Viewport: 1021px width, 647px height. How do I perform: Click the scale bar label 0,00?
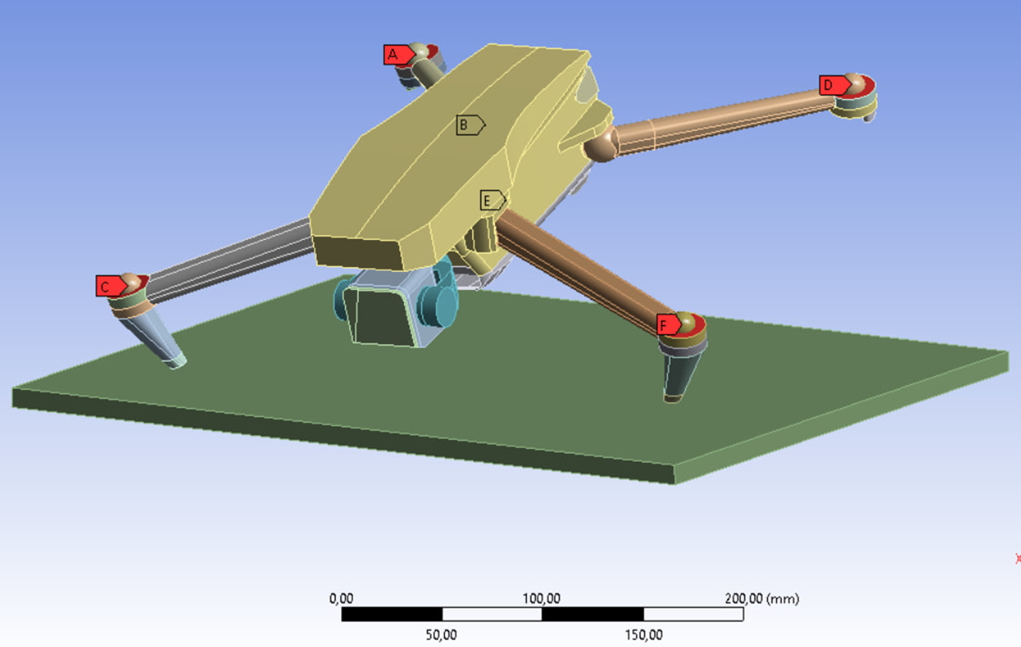[341, 599]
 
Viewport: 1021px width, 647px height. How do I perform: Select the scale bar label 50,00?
[441, 635]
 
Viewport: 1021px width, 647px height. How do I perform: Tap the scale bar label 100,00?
[542, 599]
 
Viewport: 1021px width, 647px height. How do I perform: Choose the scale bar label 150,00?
[644, 635]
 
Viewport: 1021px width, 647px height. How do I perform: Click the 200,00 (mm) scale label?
[761, 599]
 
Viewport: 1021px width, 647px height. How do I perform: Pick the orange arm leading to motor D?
[721, 119]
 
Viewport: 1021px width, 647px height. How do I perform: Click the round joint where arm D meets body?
[601, 147]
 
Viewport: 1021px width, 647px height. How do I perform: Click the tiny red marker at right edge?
[1018, 559]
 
